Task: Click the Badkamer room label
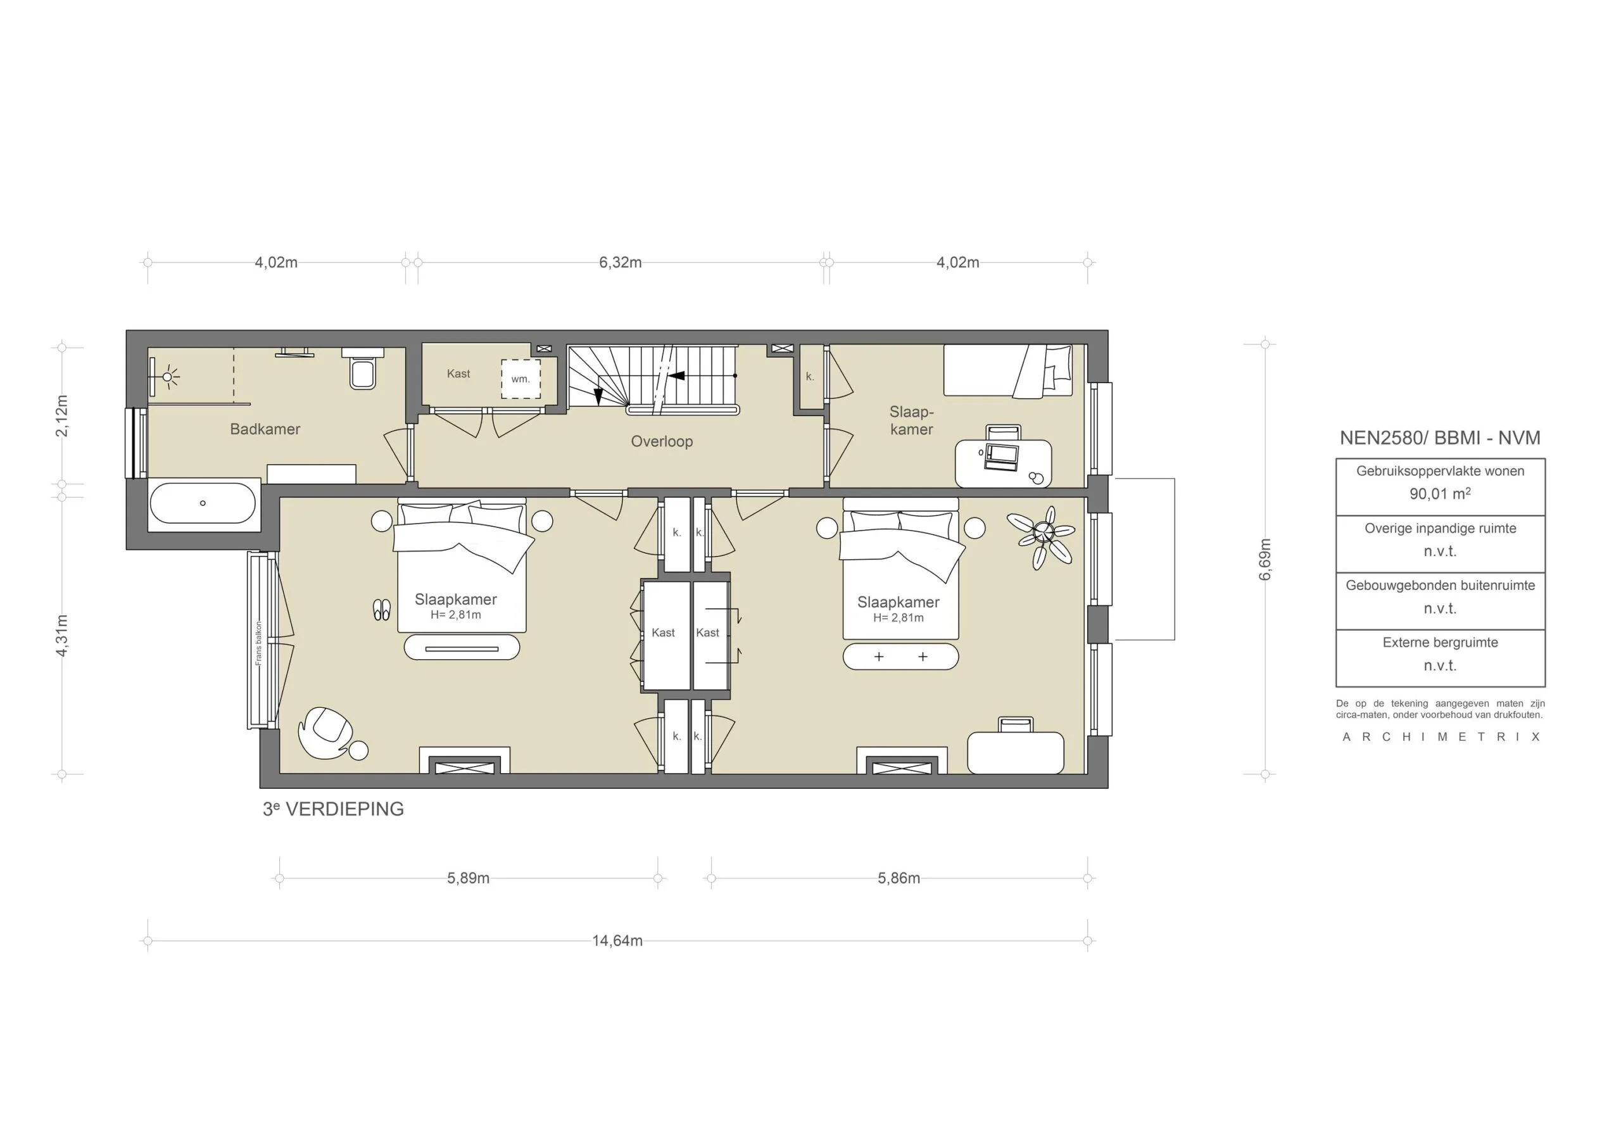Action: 265,429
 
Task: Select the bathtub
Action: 203,503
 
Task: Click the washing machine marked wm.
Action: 520,379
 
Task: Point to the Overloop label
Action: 662,441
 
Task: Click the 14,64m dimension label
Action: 617,940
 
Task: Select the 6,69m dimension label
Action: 1265,559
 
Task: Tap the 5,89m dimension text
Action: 468,878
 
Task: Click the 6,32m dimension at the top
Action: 620,263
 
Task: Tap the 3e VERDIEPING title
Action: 333,809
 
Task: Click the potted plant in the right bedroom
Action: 1045,537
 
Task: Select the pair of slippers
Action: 381,609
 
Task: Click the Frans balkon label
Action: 259,643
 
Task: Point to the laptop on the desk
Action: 1001,457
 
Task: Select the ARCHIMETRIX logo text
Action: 1441,736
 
